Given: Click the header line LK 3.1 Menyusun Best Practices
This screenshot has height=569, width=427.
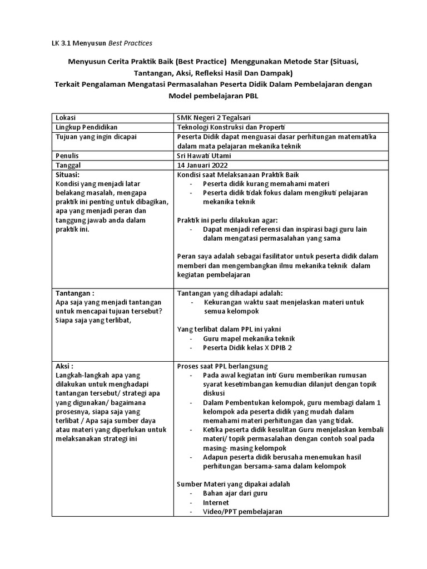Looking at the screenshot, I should coord(97,42).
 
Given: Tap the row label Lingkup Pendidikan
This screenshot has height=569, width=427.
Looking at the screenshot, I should coord(86,128).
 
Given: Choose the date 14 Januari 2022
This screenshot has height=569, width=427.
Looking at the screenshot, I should coord(202,166).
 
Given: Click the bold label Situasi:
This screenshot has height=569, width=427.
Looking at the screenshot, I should coord(69,175).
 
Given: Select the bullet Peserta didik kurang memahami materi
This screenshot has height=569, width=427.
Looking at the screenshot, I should coord(264,184).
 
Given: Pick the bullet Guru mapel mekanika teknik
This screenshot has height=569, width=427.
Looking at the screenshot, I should coord(249,338).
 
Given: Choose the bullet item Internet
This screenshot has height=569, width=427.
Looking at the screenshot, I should coord(216,502).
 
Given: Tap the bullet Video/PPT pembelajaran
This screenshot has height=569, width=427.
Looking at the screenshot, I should coord(242,512).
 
